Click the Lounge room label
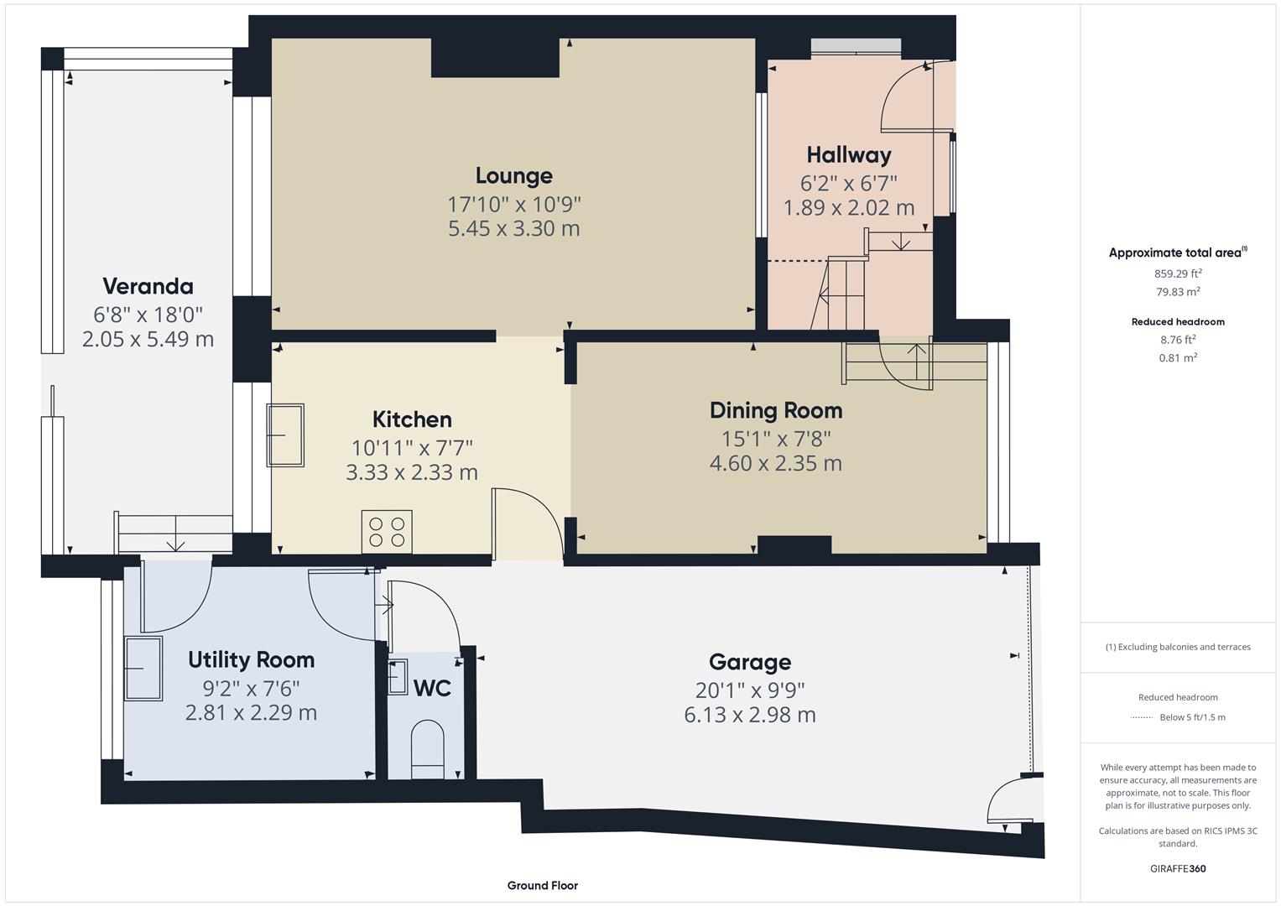pyautogui.click(x=513, y=175)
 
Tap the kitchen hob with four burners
pyautogui.click(x=387, y=532)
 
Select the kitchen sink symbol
pyautogui.click(x=285, y=435)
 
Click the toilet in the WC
pyautogui.click(x=428, y=743)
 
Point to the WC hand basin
pyautogui.click(x=398, y=676)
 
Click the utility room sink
pyautogui.click(x=143, y=668)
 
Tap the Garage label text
pyautogui.click(x=749, y=662)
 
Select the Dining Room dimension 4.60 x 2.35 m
pyautogui.click(x=775, y=463)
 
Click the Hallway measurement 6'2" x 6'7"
pyautogui.click(x=848, y=182)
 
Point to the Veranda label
pyautogui.click(x=148, y=286)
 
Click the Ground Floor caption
pyautogui.click(x=542, y=885)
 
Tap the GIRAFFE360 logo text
pyautogui.click(x=1178, y=868)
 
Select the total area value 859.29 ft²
pyautogui.click(x=1178, y=273)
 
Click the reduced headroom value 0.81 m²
pyautogui.click(x=1178, y=357)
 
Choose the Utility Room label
pyautogui.click(x=251, y=659)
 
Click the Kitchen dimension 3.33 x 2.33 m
pyautogui.click(x=411, y=472)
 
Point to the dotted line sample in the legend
pyautogui.click(x=1142, y=717)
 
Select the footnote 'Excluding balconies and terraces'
pyautogui.click(x=1178, y=647)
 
